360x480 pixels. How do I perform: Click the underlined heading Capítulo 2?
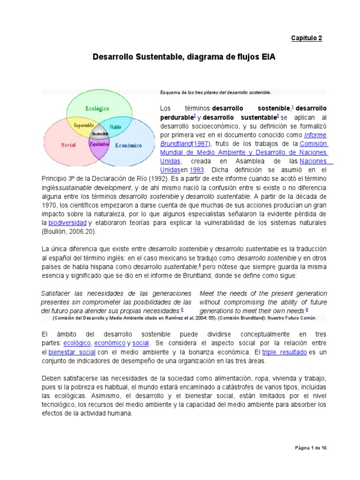coord(307,38)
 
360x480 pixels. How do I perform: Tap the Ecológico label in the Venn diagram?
coord(97,108)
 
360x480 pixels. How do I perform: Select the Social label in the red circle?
coord(68,145)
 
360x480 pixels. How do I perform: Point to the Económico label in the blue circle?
coord(128,145)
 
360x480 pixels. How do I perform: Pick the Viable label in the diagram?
coord(115,127)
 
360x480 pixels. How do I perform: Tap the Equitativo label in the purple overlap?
coord(99,144)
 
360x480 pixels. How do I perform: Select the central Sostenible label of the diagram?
coord(100,134)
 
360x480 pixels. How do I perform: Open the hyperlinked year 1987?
coord(201,143)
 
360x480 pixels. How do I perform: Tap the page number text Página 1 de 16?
coord(310,448)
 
